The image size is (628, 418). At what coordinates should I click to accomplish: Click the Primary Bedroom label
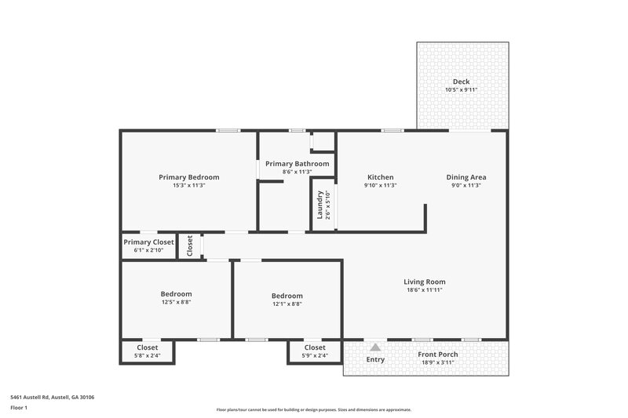tap(188, 177)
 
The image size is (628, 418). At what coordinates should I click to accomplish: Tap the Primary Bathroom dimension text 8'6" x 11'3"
tap(297, 172)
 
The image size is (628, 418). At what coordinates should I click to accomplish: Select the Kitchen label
tap(380, 177)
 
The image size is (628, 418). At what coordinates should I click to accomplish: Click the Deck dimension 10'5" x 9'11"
tap(461, 90)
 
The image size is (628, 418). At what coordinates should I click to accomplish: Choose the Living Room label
tap(425, 282)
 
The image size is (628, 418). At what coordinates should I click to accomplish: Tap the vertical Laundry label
tap(319, 205)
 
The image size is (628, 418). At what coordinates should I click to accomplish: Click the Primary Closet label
tap(148, 242)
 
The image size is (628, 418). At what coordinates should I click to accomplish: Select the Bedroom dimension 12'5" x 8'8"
tap(176, 302)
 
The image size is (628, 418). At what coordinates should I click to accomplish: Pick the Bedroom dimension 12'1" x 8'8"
tap(287, 304)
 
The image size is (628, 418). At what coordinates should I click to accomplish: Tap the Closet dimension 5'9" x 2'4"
tap(314, 355)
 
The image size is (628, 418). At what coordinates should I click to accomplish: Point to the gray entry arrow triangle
tap(376, 347)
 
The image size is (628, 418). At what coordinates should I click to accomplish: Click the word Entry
tap(376, 359)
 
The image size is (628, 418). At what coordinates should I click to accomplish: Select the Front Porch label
tap(438, 354)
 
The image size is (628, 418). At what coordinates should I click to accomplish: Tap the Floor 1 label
tap(19, 408)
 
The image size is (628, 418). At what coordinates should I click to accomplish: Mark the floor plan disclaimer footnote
tap(313, 409)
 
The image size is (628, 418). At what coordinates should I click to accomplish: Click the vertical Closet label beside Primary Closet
tap(190, 245)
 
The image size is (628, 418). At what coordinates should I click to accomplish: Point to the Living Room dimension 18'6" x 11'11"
tap(425, 290)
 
